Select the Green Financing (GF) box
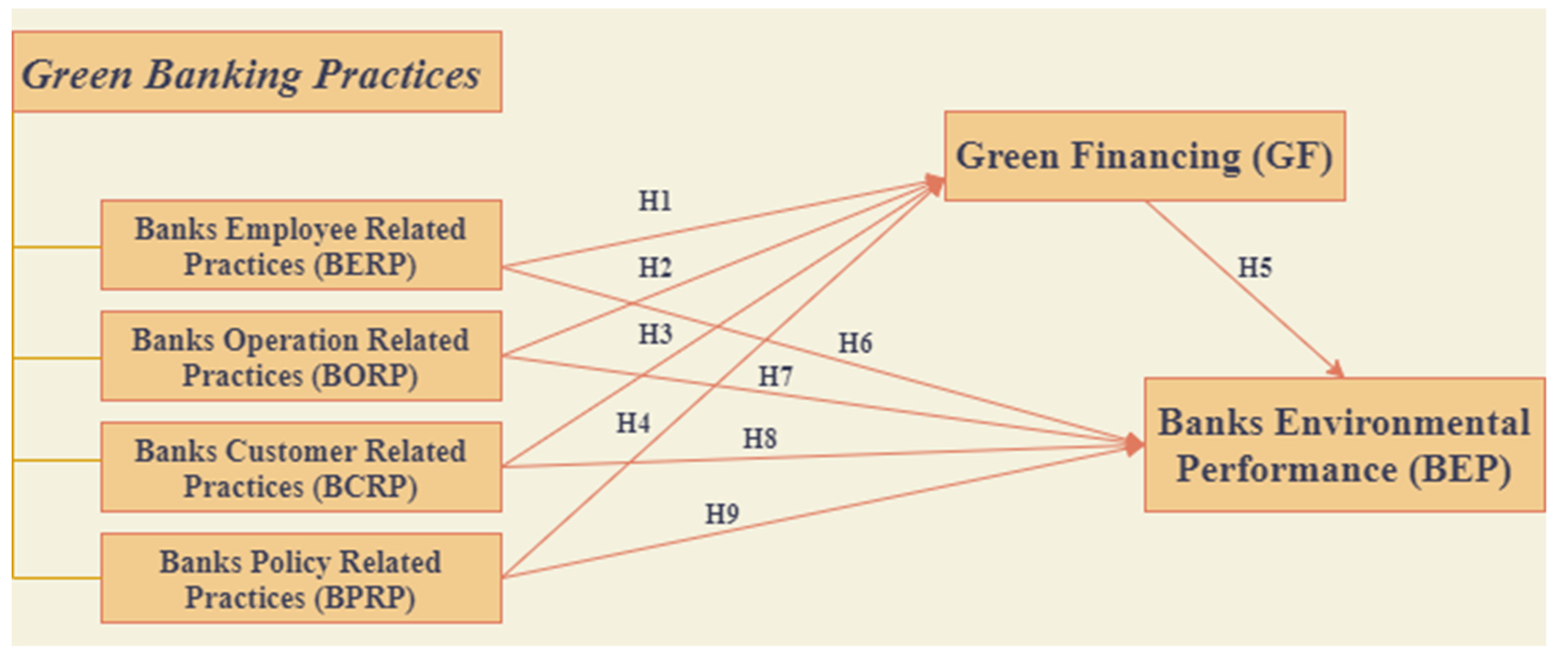click(1144, 156)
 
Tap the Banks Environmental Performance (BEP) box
click(1344, 445)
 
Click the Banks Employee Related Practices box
click(301, 245)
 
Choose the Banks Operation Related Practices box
click(301, 356)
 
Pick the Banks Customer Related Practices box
click(301, 467)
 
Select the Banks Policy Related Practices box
click(301, 579)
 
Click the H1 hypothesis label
click(655, 200)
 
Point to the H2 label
click(655, 267)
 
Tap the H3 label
click(655, 334)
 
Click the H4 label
click(633, 423)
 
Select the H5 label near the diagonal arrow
click(1255, 267)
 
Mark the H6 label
click(855, 343)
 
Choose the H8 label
click(759, 438)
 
